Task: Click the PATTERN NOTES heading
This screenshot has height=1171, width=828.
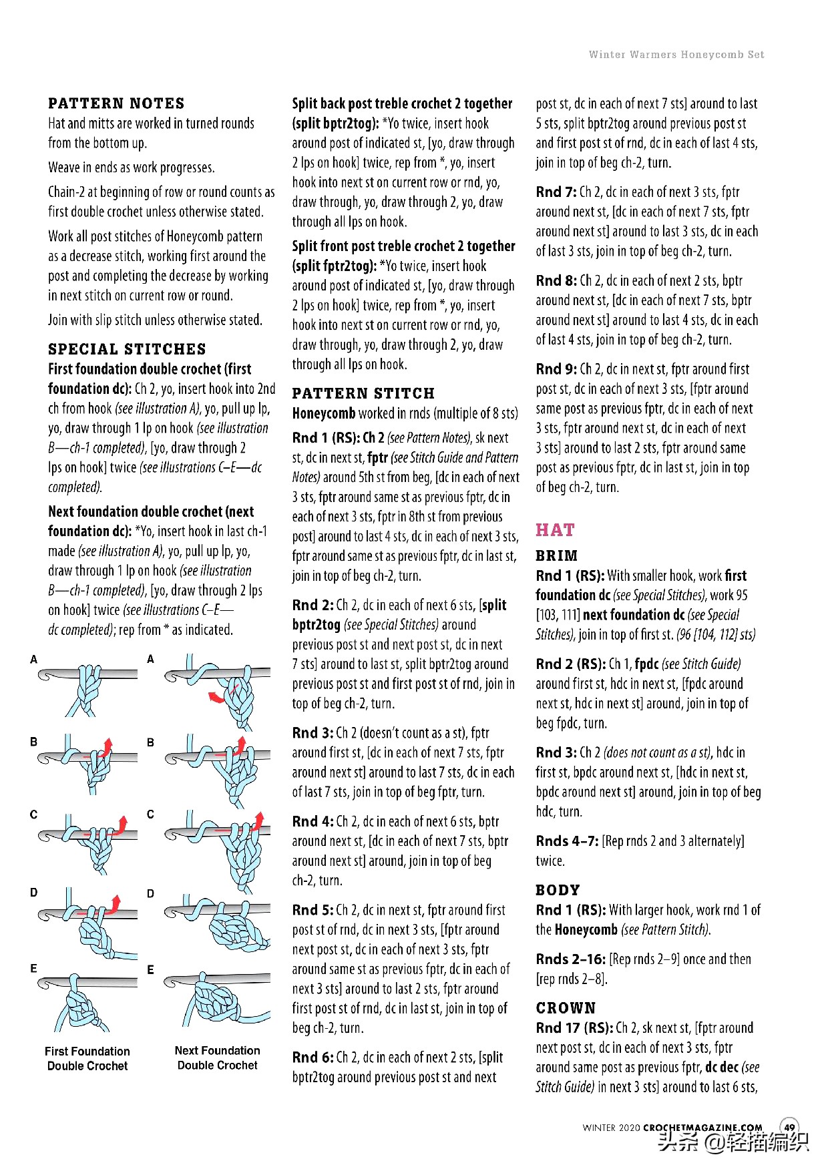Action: (x=116, y=103)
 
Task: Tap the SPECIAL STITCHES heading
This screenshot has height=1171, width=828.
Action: (x=127, y=349)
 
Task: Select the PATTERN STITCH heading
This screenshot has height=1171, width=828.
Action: (x=363, y=393)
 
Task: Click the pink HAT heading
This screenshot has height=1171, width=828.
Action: (x=555, y=530)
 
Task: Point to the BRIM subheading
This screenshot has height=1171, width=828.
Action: (x=557, y=555)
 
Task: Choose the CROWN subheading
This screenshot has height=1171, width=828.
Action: (x=566, y=1008)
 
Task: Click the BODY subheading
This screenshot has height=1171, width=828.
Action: (x=558, y=890)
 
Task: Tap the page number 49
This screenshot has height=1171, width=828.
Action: (x=789, y=1128)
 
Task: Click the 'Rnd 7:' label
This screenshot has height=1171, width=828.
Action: (x=556, y=192)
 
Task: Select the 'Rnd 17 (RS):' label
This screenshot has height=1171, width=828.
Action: (x=574, y=1028)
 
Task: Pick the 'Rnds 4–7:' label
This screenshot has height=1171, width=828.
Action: (x=567, y=841)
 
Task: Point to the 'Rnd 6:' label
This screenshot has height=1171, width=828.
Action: (x=313, y=1058)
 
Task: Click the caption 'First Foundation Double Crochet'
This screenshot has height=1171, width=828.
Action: (x=87, y=1059)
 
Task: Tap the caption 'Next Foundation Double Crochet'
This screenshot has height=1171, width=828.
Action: (x=218, y=1058)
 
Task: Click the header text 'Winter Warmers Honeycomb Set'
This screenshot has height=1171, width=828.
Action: (x=676, y=55)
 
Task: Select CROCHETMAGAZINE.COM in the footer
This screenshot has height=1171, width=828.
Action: (x=702, y=1128)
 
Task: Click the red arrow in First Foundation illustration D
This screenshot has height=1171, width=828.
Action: (x=116, y=904)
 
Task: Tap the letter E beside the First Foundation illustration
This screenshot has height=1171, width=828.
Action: (x=33, y=969)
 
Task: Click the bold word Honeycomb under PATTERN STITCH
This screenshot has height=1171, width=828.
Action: (x=323, y=413)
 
